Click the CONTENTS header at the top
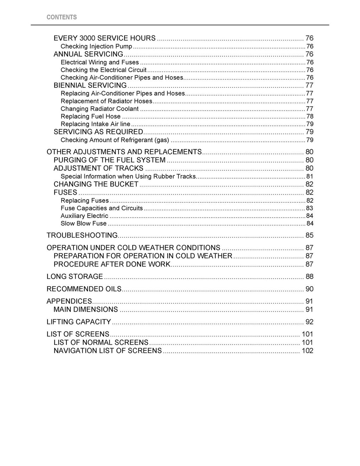coord(62,17)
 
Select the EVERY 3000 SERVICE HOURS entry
coord(104,38)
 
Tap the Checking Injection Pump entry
coord(96,46)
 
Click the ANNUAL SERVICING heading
coord(88,54)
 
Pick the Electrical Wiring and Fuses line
coord(100,62)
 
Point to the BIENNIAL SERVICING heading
coord(90,85)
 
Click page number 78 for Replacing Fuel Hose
coord(310,116)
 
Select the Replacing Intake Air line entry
coord(95,124)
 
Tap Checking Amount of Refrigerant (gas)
coord(115,140)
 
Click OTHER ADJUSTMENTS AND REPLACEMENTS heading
coord(124,152)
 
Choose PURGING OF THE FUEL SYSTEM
coord(109,160)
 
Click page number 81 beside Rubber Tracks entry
coord(310,176)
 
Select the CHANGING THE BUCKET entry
coord(96,184)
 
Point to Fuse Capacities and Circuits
coord(102,208)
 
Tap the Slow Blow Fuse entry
coord(84,224)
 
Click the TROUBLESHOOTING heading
coord(82,235)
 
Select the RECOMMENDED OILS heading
coord(84,289)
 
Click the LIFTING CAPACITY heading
coord(79,322)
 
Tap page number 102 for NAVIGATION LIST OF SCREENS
coord(307,351)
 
